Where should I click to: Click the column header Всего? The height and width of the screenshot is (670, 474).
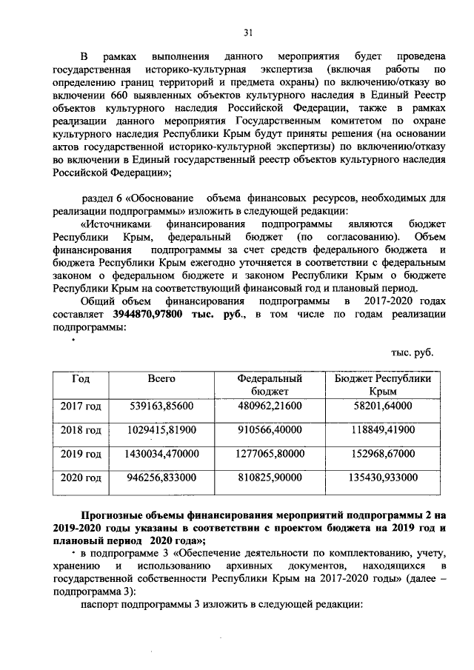(x=161, y=378)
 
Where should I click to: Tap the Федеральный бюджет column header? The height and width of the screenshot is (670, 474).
(x=264, y=384)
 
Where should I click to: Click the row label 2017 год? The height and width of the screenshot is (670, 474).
(x=81, y=406)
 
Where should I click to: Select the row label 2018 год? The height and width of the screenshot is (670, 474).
(x=81, y=430)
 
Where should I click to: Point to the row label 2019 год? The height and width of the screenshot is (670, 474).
(x=81, y=454)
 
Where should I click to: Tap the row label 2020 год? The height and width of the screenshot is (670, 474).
(x=81, y=478)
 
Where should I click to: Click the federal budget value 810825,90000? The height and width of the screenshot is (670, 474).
(x=264, y=478)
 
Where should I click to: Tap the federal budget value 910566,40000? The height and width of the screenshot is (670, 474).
(x=264, y=430)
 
